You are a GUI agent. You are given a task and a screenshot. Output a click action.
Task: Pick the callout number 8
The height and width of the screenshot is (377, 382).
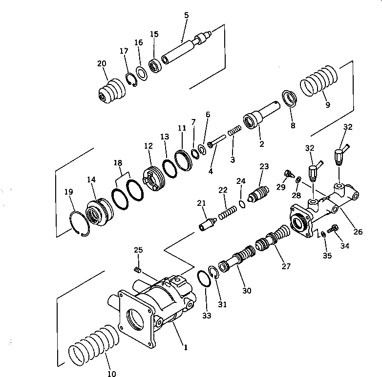293,125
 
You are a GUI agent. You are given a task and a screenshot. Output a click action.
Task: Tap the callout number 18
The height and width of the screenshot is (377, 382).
118,163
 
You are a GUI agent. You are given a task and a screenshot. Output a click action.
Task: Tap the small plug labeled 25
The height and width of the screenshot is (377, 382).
138,270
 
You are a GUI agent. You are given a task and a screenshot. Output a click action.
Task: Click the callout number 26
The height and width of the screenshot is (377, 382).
358,232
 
